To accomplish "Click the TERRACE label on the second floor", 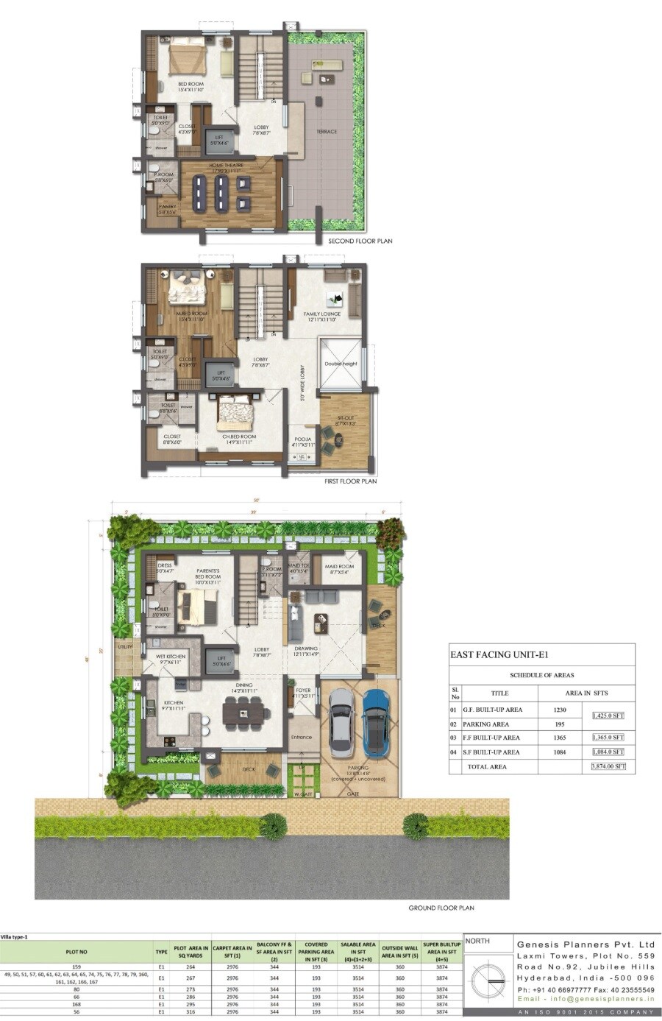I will tap(327, 132).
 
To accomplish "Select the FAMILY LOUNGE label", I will tap(322, 314).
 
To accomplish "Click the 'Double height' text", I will tap(341, 364).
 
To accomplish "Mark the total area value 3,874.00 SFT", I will tap(608, 766).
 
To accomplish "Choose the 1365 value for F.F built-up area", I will tap(560, 737).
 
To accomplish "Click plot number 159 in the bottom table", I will tap(76, 966).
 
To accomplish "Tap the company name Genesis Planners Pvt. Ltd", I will tap(586, 944).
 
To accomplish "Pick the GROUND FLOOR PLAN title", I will tap(441, 908).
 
